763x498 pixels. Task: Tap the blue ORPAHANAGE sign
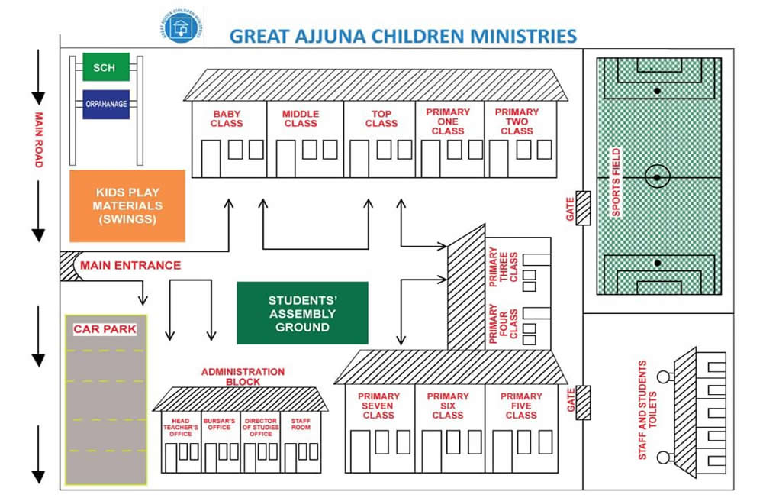(x=105, y=105)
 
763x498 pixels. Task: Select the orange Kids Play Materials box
(x=127, y=205)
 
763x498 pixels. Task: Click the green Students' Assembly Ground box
(x=302, y=312)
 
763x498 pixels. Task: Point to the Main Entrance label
(x=130, y=266)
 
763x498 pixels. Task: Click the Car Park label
(x=105, y=329)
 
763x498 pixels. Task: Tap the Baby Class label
(x=227, y=118)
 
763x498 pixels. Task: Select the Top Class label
(x=381, y=118)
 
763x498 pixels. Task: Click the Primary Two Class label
(x=517, y=121)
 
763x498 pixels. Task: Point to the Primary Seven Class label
(x=378, y=406)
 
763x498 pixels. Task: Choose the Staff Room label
(x=301, y=423)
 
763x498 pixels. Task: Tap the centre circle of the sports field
(x=656, y=177)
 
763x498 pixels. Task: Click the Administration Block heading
(x=243, y=377)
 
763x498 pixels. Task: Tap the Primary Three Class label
(x=504, y=267)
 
